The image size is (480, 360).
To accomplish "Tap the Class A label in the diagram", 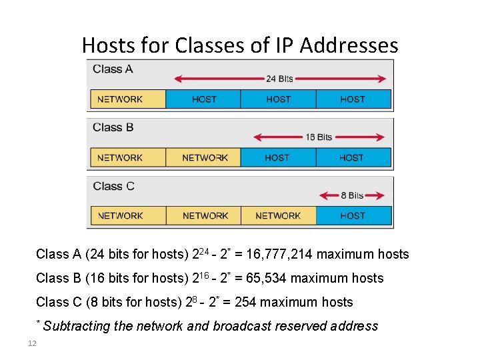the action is click(x=113, y=69).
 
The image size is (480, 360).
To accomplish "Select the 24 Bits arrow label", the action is click(x=279, y=79).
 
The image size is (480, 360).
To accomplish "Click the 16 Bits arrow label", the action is click(x=319, y=137).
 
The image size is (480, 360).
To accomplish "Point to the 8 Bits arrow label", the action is click(x=352, y=195).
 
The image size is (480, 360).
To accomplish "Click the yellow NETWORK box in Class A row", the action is click(x=127, y=99).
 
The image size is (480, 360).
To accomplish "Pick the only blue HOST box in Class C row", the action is click(x=353, y=216).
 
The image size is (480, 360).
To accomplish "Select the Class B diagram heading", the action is click(x=113, y=127).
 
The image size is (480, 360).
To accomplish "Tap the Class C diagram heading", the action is click(x=113, y=186).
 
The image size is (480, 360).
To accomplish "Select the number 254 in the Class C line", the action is click(x=245, y=302).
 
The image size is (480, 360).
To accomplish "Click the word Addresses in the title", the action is click(x=349, y=45).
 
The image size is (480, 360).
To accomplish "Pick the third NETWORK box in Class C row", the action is click(x=278, y=216).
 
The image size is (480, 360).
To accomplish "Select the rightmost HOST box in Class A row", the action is click(x=353, y=99).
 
